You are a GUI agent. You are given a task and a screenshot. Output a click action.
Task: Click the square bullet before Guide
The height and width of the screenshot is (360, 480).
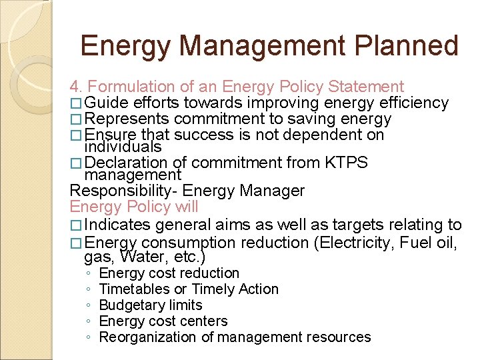pyautogui.click(x=75, y=103)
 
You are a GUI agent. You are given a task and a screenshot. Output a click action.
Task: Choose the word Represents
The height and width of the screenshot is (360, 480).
pyautogui.click(x=127, y=119)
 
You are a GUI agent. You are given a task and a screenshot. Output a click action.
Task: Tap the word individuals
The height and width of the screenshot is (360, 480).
pyautogui.click(x=123, y=147)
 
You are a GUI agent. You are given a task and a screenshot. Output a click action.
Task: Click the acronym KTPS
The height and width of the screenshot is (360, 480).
pyautogui.click(x=346, y=163)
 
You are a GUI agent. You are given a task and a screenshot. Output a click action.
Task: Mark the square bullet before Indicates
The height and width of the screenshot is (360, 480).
pyautogui.click(x=75, y=226)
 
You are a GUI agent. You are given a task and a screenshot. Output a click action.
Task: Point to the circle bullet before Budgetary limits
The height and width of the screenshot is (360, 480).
pyautogui.click(x=88, y=305)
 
